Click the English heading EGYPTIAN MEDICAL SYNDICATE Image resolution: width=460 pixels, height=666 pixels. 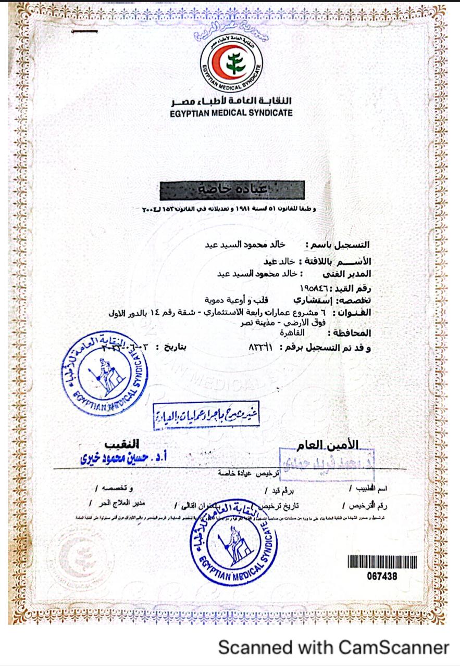click(x=231, y=113)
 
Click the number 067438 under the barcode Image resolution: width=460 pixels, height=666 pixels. click(x=382, y=575)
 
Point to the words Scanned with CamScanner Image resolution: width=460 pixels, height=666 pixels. click(x=333, y=647)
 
